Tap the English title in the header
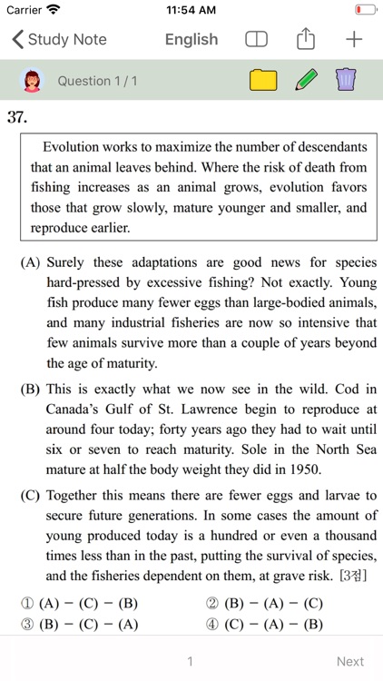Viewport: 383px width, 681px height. pos(191,40)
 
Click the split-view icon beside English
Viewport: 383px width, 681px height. pos(257,40)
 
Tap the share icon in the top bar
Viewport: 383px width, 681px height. pos(306,39)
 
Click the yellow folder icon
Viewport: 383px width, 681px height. pos(263,81)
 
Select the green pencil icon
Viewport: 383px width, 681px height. pos(307,81)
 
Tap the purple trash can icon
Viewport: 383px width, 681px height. pos(346,81)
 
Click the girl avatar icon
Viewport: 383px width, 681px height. pos(31,81)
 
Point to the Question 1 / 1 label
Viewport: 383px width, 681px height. pos(97,81)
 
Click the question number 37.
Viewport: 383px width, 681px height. pos(16,116)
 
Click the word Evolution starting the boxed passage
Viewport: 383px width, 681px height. pos(72,146)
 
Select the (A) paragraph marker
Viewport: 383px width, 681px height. pos(30,263)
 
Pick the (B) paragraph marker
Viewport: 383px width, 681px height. pos(30,390)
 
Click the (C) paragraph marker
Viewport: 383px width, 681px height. pos(30,496)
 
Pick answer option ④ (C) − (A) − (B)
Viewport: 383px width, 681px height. pos(264,624)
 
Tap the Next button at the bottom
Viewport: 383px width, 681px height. pos(350,661)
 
